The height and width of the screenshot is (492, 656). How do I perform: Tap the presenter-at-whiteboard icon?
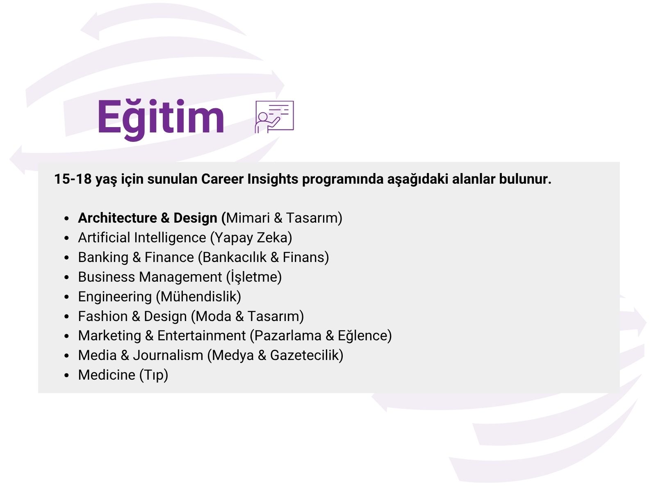click(274, 117)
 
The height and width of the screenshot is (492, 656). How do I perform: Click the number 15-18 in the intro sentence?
click(73, 179)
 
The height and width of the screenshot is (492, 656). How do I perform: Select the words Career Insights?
click(250, 179)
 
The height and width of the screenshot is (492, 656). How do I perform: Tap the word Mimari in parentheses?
click(248, 218)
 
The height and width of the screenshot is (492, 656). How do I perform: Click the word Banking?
click(103, 257)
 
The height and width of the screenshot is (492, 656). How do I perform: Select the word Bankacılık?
click(235, 257)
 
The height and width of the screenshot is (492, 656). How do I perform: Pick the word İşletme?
click(254, 277)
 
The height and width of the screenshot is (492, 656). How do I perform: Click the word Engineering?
click(115, 297)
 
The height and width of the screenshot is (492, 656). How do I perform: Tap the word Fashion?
click(103, 317)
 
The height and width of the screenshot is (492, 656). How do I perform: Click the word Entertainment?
click(201, 335)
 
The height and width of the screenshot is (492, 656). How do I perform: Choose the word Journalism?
click(168, 355)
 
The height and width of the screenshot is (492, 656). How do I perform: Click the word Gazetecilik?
click(304, 355)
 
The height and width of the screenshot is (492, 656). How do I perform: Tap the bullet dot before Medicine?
click(67, 376)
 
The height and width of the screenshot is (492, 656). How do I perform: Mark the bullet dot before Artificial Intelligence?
click(67, 238)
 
